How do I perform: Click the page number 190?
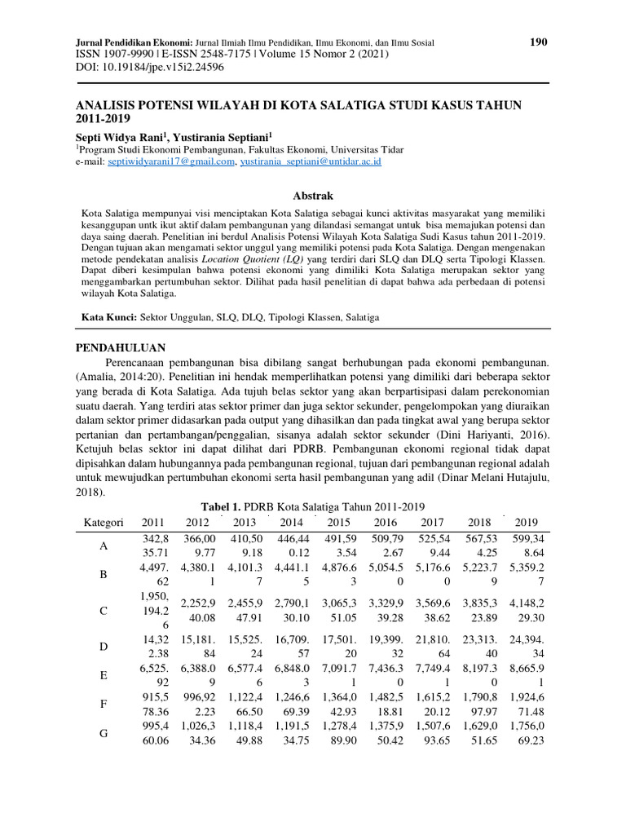pyautogui.click(x=539, y=42)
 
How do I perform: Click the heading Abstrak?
pyautogui.click(x=313, y=196)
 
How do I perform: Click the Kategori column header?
pyautogui.click(x=104, y=522)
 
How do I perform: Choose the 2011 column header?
pyautogui.click(x=152, y=522)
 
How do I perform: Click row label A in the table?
pyautogui.click(x=104, y=547)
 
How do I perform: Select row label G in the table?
pyautogui.click(x=104, y=733)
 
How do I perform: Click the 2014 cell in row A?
pyautogui.click(x=293, y=547)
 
